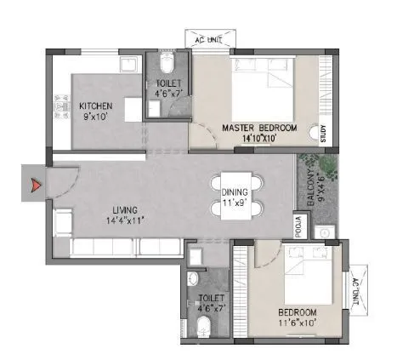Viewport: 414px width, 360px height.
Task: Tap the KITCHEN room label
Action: point(96,106)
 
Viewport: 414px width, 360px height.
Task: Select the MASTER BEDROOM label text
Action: point(259,127)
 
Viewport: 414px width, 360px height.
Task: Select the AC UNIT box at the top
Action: point(212,39)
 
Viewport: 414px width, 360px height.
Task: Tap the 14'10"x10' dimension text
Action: point(259,137)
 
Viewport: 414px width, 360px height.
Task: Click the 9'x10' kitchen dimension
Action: point(96,117)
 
